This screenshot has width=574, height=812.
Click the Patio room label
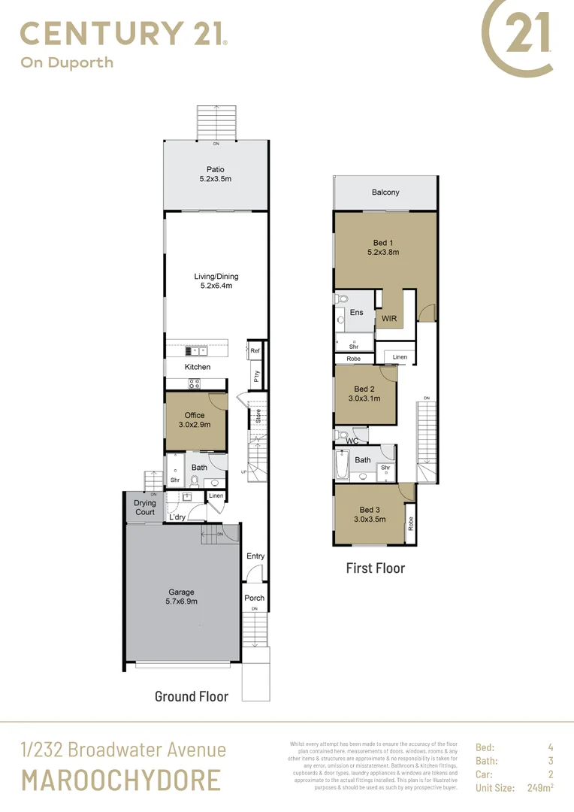pos(216,170)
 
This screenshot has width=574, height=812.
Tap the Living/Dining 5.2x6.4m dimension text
pos(216,286)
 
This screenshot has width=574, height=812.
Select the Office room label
pos(195,415)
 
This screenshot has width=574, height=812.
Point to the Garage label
pos(181,592)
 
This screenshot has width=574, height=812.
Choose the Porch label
pos(255,598)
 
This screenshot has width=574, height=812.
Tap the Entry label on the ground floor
pos(255,556)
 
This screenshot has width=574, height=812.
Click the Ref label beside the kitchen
pos(255,351)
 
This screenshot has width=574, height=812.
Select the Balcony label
pos(385,192)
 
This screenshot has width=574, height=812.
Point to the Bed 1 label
pos(383,242)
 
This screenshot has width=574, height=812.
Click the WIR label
pos(389,319)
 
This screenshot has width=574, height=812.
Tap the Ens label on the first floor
pos(356,312)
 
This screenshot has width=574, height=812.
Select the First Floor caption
pos(375,568)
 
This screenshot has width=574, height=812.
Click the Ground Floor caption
pos(191,696)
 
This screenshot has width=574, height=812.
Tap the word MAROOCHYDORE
pos(121,780)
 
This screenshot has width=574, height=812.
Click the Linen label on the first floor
pos(400,357)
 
